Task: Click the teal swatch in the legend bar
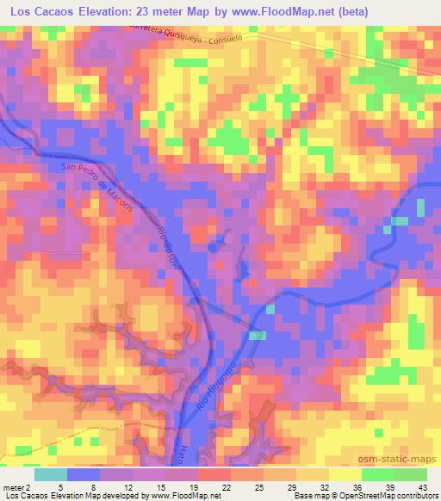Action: coord(51,474)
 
